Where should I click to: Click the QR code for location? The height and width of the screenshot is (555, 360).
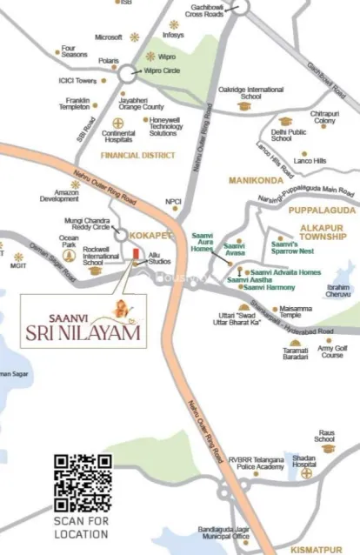(83, 482)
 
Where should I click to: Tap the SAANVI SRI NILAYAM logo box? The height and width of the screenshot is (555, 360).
(83, 318)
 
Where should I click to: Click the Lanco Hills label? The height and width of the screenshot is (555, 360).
(306, 161)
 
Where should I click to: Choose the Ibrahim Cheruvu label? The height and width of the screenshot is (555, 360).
(337, 291)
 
